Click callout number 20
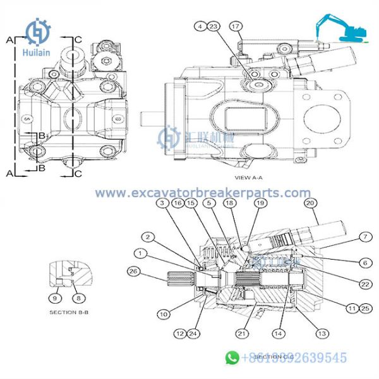[x=310, y=203]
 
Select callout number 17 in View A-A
[x=236, y=27]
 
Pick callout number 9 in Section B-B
[x=55, y=297]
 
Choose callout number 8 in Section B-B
[x=78, y=297]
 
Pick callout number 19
[x=260, y=203]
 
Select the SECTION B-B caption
[x=71, y=312]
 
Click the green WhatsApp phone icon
[x=232, y=358]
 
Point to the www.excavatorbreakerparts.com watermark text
[x=203, y=193]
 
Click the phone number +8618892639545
[x=294, y=358]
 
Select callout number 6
[x=364, y=262]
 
